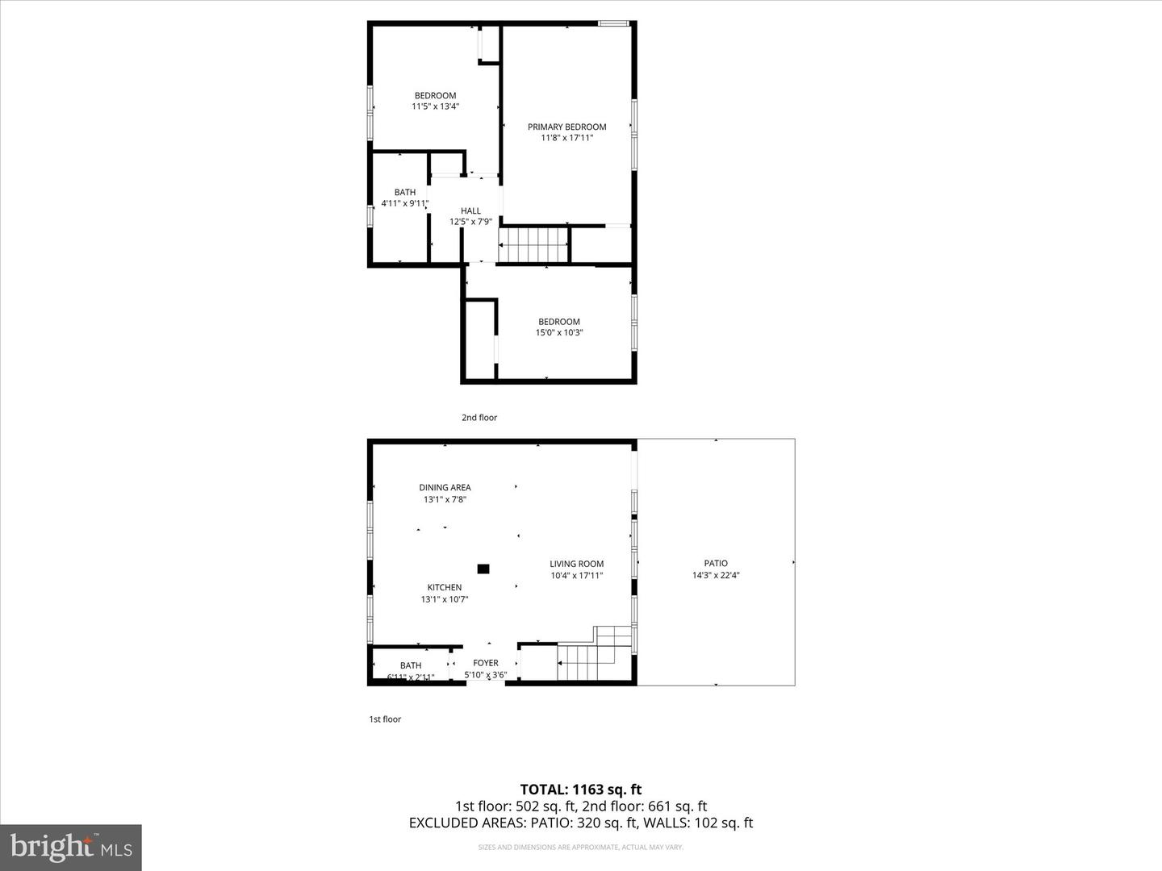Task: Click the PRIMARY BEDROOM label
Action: tap(566, 127)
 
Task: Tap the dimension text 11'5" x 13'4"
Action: tap(435, 106)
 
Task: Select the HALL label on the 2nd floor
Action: tap(470, 211)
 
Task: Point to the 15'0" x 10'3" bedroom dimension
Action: tap(558, 332)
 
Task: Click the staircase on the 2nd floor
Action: tap(533, 244)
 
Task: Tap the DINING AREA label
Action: tap(445, 487)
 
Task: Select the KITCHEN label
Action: tap(444, 587)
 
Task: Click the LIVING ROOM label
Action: tap(576, 564)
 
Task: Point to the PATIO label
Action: tap(715, 563)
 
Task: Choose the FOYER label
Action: tap(485, 663)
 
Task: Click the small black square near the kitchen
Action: tap(483, 569)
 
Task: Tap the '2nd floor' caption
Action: tap(479, 418)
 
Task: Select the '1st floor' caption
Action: tap(385, 719)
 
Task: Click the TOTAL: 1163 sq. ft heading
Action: tap(580, 790)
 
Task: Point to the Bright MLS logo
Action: tap(71, 847)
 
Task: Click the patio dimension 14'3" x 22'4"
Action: tap(715, 576)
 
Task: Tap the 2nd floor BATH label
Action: tap(404, 192)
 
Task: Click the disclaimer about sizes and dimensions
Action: tap(580, 848)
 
